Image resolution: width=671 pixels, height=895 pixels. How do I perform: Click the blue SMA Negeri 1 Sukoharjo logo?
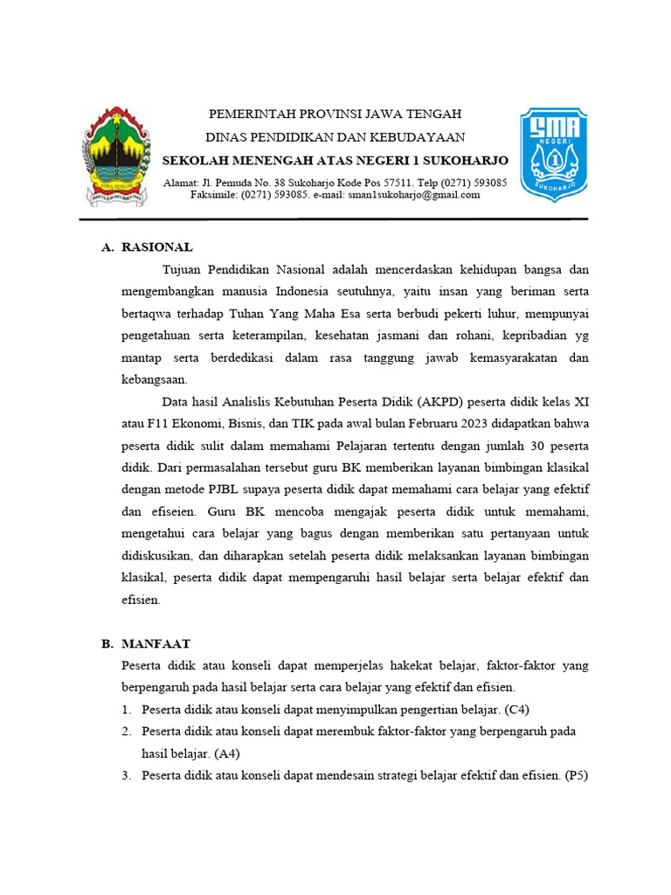click(553, 154)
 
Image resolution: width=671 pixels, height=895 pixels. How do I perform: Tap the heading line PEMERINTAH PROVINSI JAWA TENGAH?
click(335, 114)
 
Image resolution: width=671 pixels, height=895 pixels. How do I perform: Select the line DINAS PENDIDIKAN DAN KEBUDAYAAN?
click(335, 137)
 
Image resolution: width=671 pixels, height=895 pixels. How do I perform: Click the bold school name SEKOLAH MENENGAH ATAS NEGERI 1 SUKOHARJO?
click(335, 161)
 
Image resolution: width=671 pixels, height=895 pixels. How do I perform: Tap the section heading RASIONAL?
click(157, 247)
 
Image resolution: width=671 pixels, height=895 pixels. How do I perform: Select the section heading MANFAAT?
click(156, 643)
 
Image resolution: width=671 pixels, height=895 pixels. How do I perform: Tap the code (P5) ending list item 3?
click(578, 774)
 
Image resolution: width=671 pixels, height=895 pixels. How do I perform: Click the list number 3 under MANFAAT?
click(126, 774)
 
